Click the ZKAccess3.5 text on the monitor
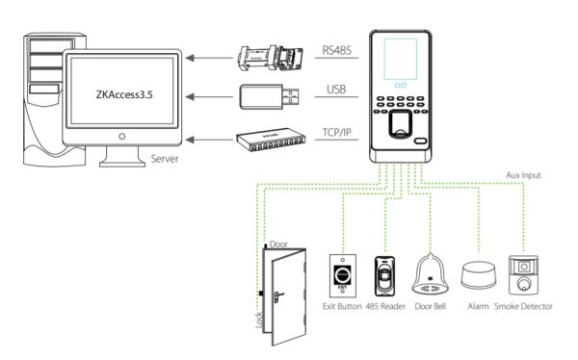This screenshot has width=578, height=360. (x=123, y=95)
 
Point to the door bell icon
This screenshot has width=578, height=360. (x=430, y=276)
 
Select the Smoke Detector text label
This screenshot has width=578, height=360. (x=524, y=307)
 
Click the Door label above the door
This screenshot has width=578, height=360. (x=279, y=244)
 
